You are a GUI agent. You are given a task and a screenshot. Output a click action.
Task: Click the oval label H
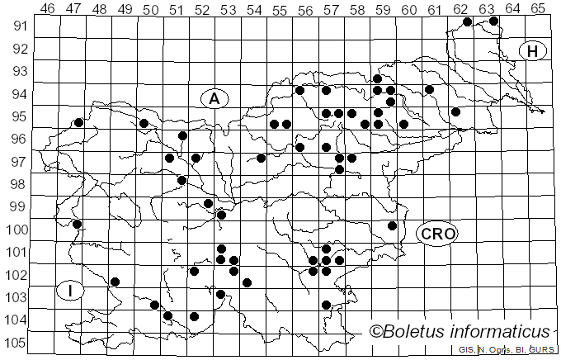pos(533,51)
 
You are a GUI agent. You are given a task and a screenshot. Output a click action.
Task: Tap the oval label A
pos(214,99)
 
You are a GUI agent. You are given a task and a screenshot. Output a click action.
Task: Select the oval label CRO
pos(436,234)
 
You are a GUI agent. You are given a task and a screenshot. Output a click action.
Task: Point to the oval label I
pos(72,291)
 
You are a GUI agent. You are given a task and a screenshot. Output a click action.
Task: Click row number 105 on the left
pos(18,343)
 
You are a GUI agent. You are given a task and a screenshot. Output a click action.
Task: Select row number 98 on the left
pos(18,183)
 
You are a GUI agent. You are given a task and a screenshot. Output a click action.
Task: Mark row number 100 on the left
pos(18,229)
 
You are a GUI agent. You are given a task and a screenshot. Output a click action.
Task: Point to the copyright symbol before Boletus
pos(375,332)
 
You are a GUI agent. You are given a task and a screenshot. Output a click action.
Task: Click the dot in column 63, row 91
pos(493,21)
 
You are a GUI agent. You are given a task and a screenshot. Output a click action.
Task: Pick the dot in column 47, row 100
pos(78,224)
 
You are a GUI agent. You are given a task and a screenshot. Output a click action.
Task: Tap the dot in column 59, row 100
pos(392,225)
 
